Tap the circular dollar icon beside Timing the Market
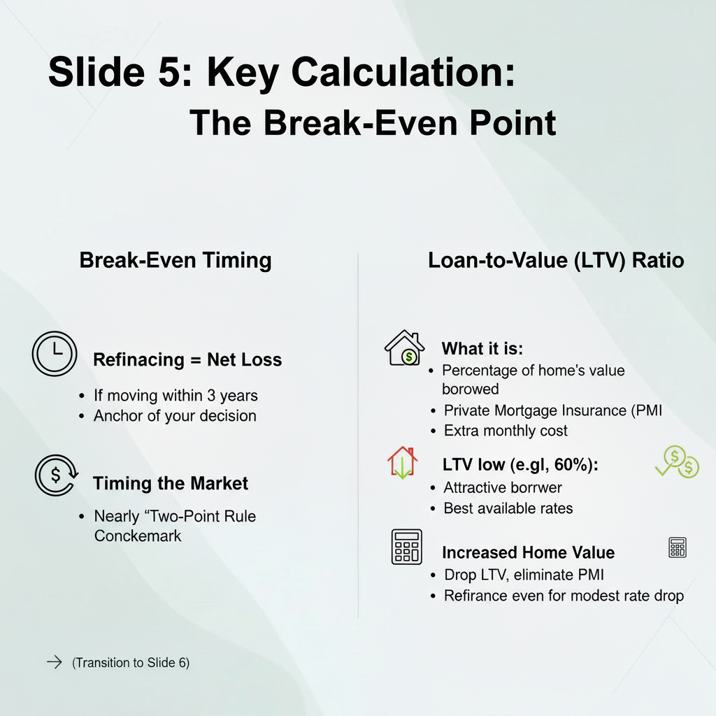pos(55,475)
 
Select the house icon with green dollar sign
pos(405,348)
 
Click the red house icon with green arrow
pos(402,463)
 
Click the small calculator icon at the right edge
pos(677,547)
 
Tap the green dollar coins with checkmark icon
pos(677,463)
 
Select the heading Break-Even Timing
pos(175,260)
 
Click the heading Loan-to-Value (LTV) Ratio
pos(556,260)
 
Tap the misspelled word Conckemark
pos(138,536)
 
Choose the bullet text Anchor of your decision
pos(175,415)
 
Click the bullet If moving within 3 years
pos(176,396)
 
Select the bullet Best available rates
pos(508,508)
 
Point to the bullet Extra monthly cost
pos(506,431)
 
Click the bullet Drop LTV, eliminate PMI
pos(524,575)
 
